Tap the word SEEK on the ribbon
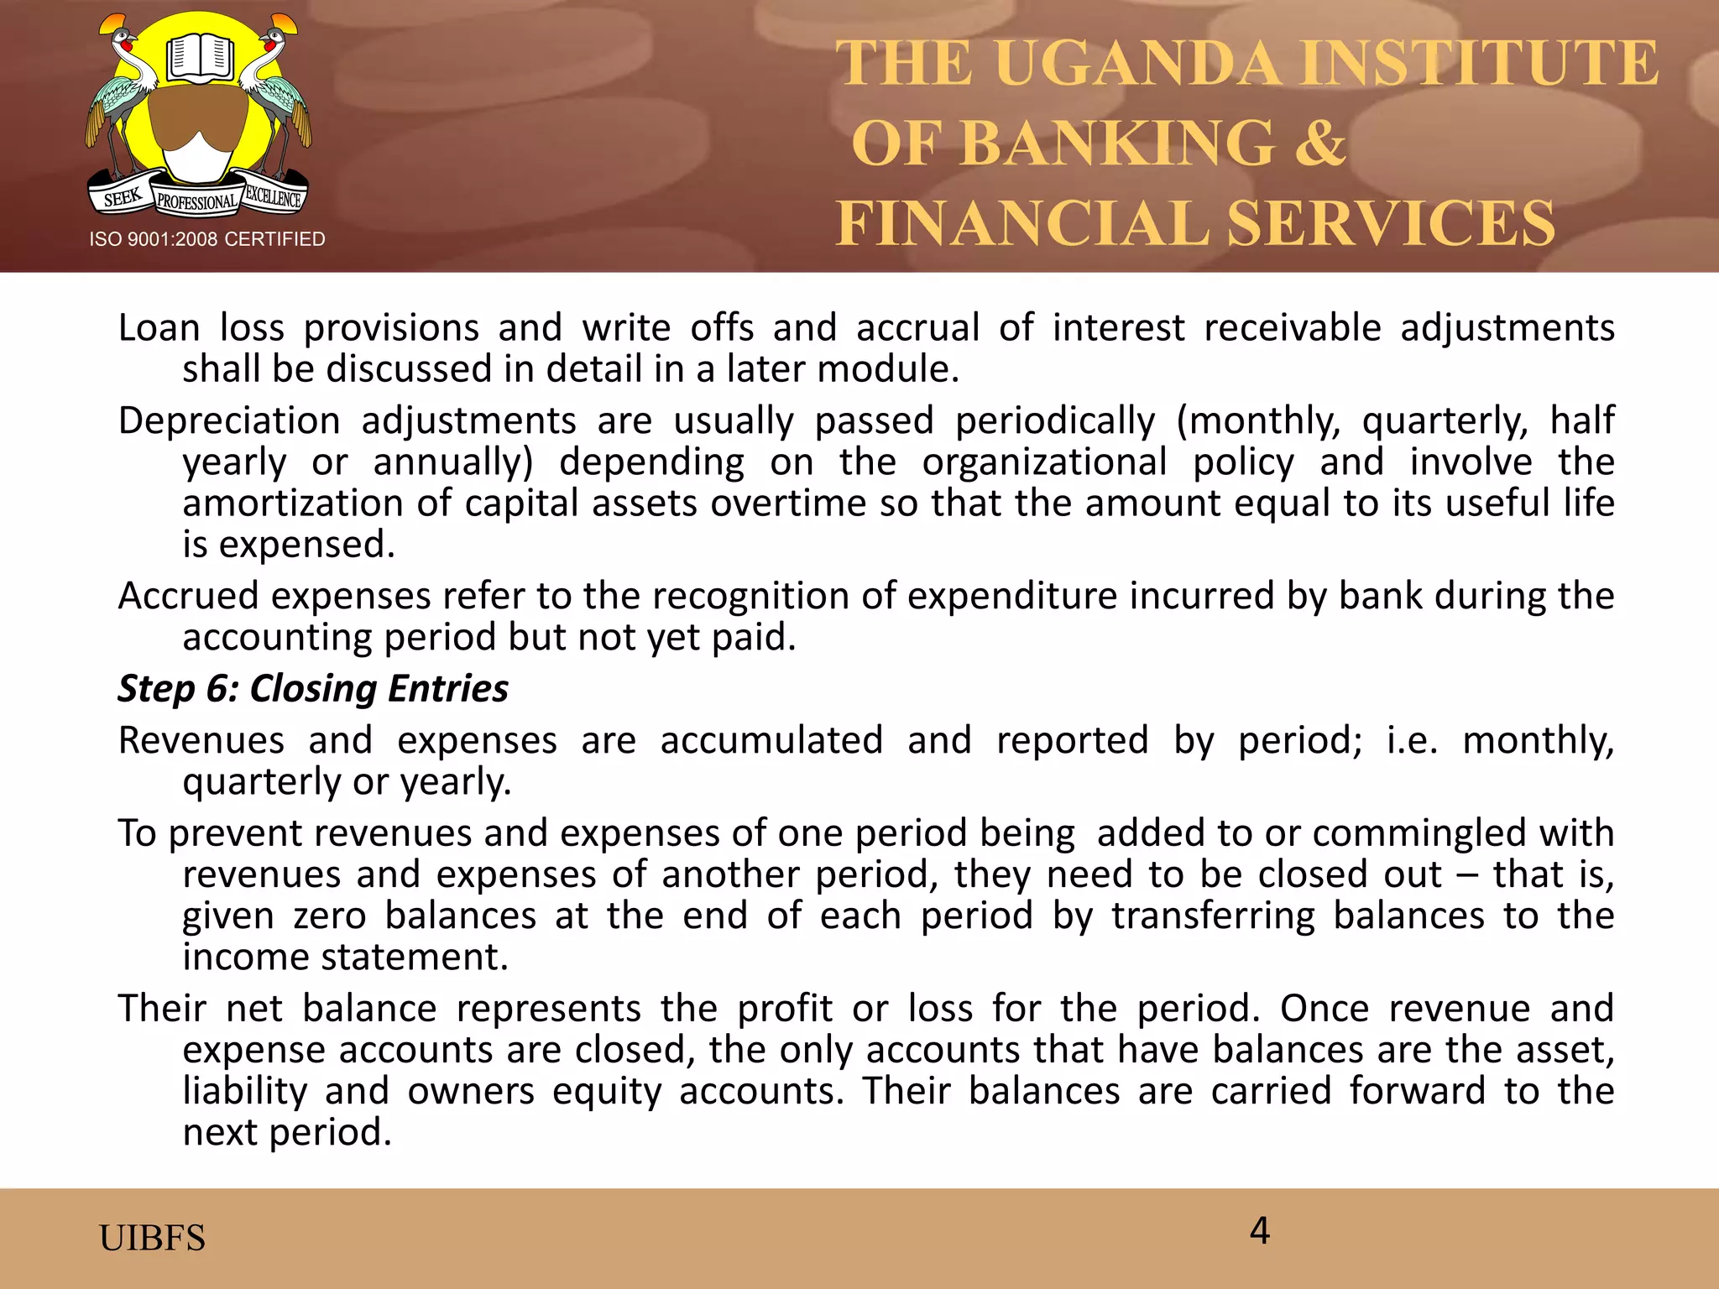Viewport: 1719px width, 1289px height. [x=123, y=198]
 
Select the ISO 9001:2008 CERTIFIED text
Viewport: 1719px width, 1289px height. [x=207, y=239]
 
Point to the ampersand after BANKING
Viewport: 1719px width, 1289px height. [x=1319, y=144]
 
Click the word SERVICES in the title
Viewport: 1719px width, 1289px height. [x=1390, y=223]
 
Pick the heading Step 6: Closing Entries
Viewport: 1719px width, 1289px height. [x=313, y=688]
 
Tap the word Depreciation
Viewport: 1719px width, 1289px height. [x=229, y=420]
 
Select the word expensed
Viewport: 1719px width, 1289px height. [x=306, y=545]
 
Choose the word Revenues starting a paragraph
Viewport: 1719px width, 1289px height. [x=201, y=740]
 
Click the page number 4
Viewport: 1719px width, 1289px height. [x=1259, y=1230]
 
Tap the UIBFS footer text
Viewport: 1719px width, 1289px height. [x=152, y=1238]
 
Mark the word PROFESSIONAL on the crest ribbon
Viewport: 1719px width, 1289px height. [x=197, y=202]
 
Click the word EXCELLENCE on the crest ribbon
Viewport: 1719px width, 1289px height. [x=273, y=198]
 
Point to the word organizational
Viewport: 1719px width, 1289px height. [x=1044, y=462]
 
